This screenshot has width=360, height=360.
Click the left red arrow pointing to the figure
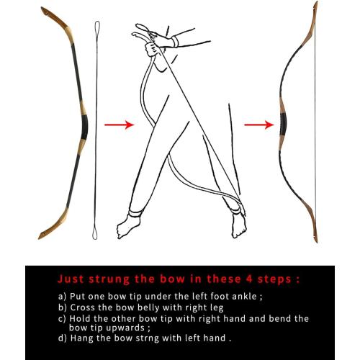point(119,125)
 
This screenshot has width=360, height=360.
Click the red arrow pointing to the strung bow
point(258,125)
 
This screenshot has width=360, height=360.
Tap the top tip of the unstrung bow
point(45,10)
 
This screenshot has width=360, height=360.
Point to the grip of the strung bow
point(282,122)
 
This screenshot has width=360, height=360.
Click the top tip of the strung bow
point(314,6)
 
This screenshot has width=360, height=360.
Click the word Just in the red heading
point(71,278)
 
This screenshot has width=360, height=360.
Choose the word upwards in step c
point(113,327)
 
